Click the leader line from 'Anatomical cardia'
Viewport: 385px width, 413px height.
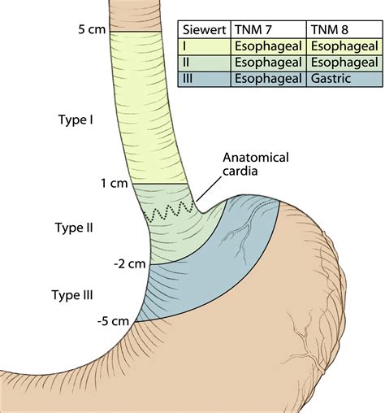(x=208, y=189)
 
